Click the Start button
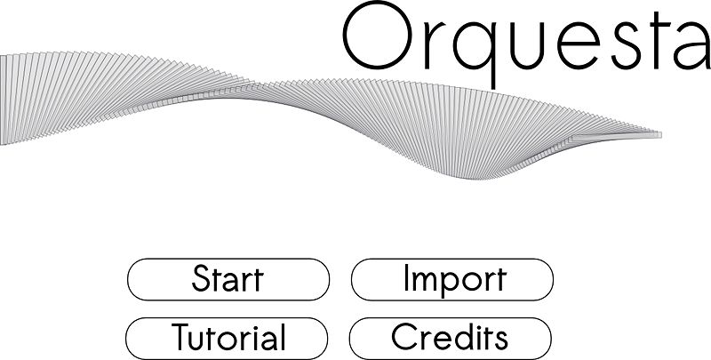(228, 279)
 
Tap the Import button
(452, 279)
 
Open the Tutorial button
(227, 339)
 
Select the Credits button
(451, 339)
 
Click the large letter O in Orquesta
(377, 35)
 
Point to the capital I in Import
(406, 278)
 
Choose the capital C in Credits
(403, 336)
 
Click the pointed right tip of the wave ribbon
(661, 134)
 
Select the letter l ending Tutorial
(282, 337)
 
